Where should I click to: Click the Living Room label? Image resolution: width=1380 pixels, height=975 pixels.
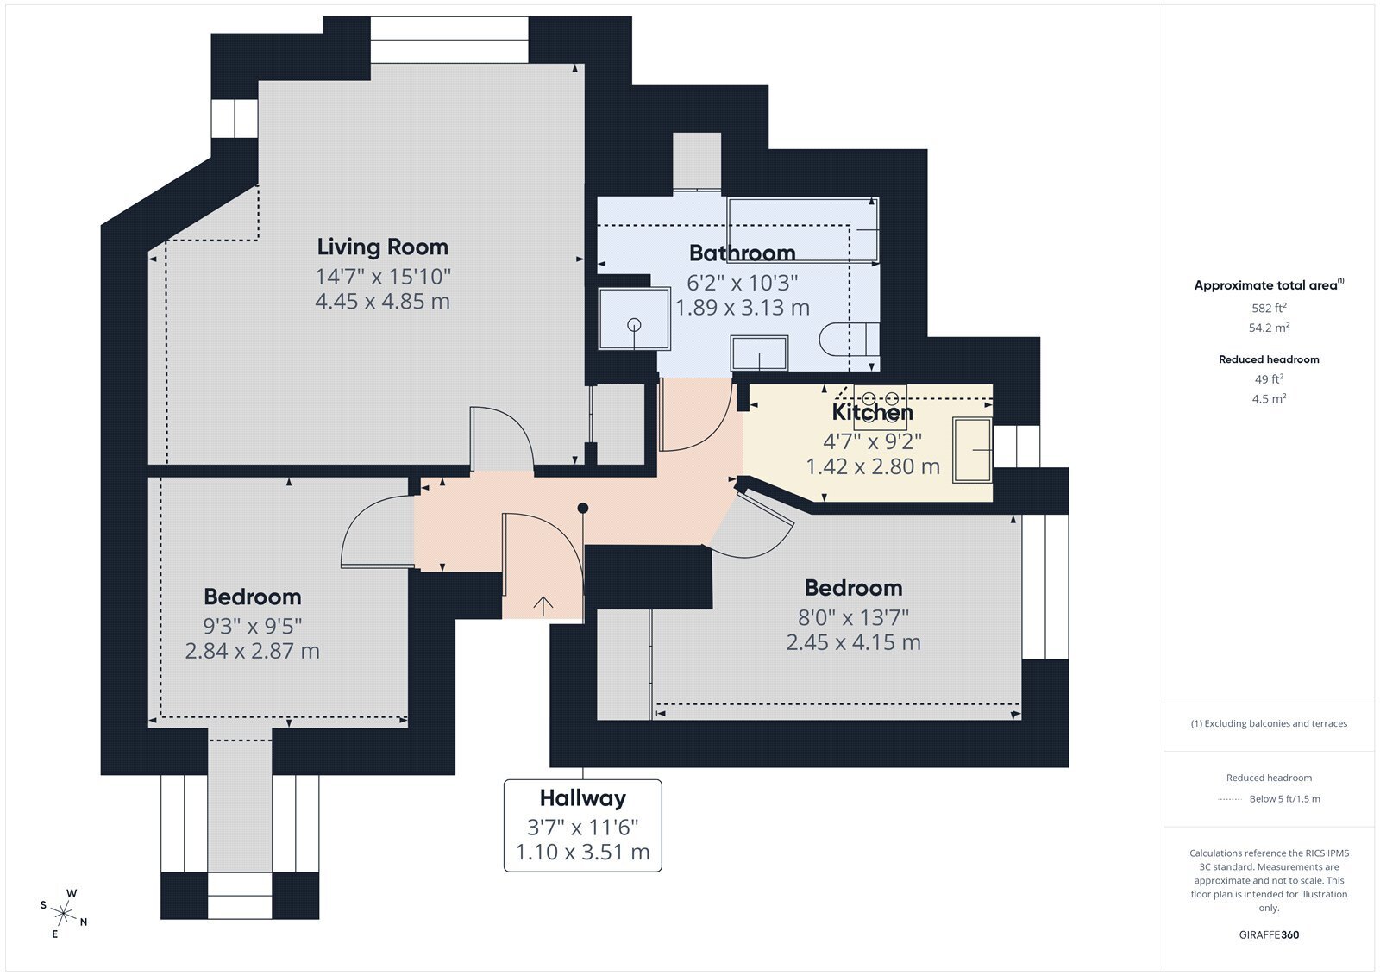pyautogui.click(x=383, y=247)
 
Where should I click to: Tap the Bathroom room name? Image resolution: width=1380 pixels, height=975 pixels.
pyautogui.click(x=742, y=253)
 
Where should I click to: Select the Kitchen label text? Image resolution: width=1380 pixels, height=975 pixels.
pyautogui.click(x=872, y=412)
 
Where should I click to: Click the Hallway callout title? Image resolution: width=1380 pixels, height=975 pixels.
pyautogui.click(x=583, y=798)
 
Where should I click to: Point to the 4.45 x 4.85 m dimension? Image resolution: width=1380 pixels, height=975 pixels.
pyautogui.click(x=383, y=301)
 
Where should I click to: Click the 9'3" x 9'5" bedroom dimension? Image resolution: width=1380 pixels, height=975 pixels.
pyautogui.click(x=253, y=627)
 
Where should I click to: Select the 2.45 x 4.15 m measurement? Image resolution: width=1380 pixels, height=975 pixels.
pyautogui.click(x=853, y=642)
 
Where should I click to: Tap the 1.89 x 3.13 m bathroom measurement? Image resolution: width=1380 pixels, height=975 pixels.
pyautogui.click(x=743, y=308)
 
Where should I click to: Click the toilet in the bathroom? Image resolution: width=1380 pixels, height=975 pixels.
pyautogui.click(x=849, y=340)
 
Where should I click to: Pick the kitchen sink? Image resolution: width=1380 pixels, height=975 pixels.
pyautogui.click(x=972, y=450)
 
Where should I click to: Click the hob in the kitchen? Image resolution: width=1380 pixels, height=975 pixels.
pyautogui.click(x=880, y=408)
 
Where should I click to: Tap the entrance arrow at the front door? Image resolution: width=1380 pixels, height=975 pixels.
pyautogui.click(x=543, y=606)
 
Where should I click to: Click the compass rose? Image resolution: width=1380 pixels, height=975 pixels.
pyautogui.click(x=63, y=912)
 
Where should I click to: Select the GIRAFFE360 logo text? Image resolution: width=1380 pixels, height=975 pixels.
pyautogui.click(x=1269, y=934)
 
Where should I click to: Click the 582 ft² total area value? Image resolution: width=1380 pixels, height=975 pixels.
pyautogui.click(x=1269, y=308)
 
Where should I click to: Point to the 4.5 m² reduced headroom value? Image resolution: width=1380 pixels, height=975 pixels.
pyautogui.click(x=1269, y=398)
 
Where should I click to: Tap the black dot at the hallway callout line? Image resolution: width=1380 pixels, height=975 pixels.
pyautogui.click(x=583, y=508)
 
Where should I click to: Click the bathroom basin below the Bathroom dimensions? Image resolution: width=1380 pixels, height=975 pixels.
pyautogui.click(x=759, y=353)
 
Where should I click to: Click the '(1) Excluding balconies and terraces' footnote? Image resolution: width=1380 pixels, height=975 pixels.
pyautogui.click(x=1269, y=723)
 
